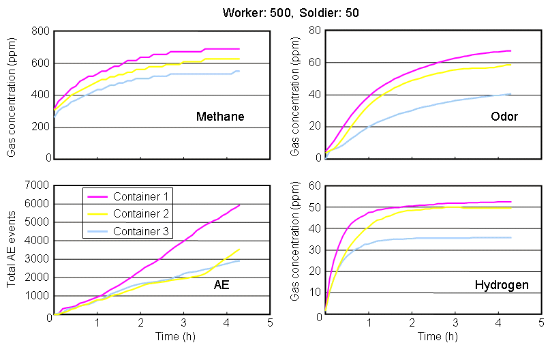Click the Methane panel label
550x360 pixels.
216,117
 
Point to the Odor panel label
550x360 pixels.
504,117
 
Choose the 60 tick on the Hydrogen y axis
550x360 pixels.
316,185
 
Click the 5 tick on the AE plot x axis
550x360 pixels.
270,322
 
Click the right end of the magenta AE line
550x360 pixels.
239,205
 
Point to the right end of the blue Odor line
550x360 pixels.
510,94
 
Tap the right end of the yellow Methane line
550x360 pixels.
239,59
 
